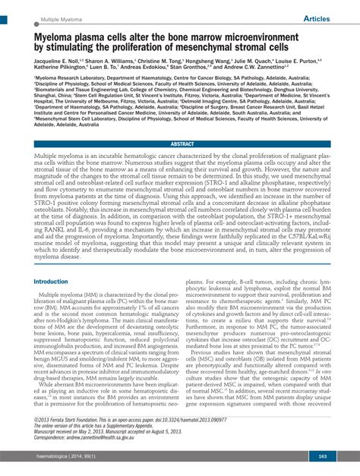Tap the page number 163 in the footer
(x=322, y=456)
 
